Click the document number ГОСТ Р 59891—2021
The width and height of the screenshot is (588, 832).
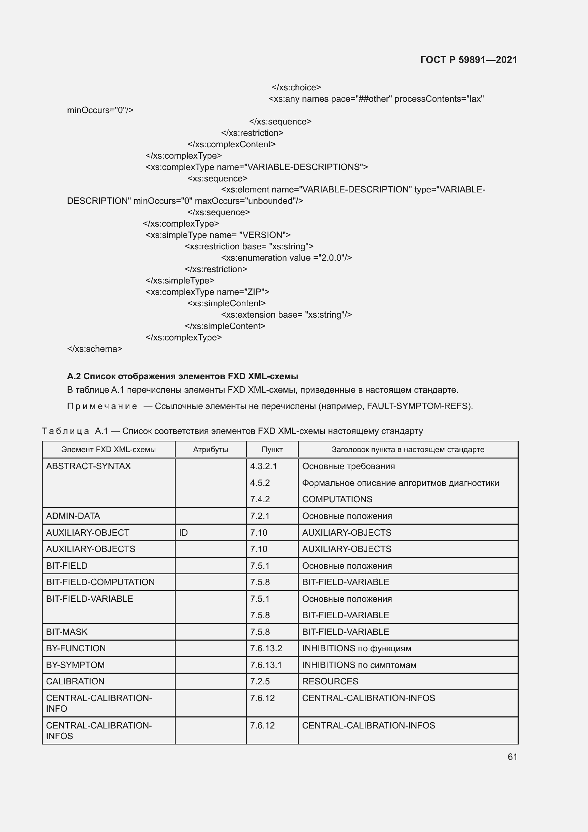469,60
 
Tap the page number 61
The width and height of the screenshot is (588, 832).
512,757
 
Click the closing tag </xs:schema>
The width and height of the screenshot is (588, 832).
95,349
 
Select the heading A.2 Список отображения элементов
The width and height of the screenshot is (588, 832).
182,376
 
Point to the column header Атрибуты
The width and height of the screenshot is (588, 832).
210,449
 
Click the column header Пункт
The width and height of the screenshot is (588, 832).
272,449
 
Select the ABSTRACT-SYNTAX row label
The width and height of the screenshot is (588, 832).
89,466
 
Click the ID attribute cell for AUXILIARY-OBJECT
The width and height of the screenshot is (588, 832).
183,532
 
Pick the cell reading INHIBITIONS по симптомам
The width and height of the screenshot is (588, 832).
359,664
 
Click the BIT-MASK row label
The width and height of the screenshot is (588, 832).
66,632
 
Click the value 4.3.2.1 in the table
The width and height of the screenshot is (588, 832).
263,466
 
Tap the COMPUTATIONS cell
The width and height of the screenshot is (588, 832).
337,499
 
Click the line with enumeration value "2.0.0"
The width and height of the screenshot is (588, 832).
286,258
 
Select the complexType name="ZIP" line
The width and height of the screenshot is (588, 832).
207,292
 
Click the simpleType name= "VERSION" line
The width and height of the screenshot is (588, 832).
218,235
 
